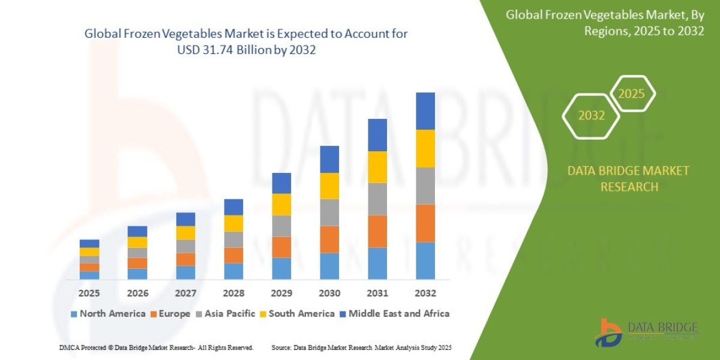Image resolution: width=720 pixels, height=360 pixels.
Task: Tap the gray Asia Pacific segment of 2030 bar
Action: pos(329,212)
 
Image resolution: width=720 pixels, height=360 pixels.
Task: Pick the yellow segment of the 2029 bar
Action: pos(281,205)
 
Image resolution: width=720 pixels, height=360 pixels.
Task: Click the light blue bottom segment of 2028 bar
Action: pos(233,271)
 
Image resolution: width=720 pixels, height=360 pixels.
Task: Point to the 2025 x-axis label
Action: pos(89,294)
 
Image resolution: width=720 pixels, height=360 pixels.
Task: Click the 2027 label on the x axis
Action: pos(185,294)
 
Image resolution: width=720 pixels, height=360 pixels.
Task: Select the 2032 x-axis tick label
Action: pos(425,294)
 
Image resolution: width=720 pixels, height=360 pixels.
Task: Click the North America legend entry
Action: pos(108,314)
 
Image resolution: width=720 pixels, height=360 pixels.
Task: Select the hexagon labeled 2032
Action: pos(591,115)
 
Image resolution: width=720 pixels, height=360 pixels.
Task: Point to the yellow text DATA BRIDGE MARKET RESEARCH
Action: pos(628,179)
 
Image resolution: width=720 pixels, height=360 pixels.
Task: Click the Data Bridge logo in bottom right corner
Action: pos(647,331)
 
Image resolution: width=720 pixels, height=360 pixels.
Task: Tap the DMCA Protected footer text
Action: pos(156,347)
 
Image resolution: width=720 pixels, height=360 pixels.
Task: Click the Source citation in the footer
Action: pos(361,347)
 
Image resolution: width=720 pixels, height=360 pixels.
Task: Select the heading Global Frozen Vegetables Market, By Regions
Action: pos(605,23)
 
